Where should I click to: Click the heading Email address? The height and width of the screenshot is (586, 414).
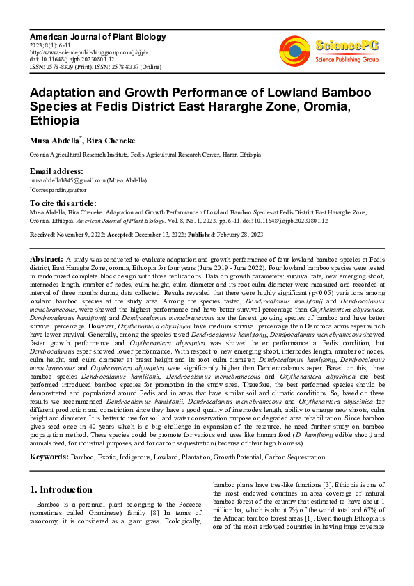(x=56, y=171)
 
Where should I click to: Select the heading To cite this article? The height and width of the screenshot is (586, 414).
(x=63, y=202)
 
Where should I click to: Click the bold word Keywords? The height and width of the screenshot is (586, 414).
(x=49, y=457)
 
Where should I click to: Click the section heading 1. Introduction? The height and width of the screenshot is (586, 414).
(x=62, y=489)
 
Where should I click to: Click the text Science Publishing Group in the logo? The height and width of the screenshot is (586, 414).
(x=346, y=60)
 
